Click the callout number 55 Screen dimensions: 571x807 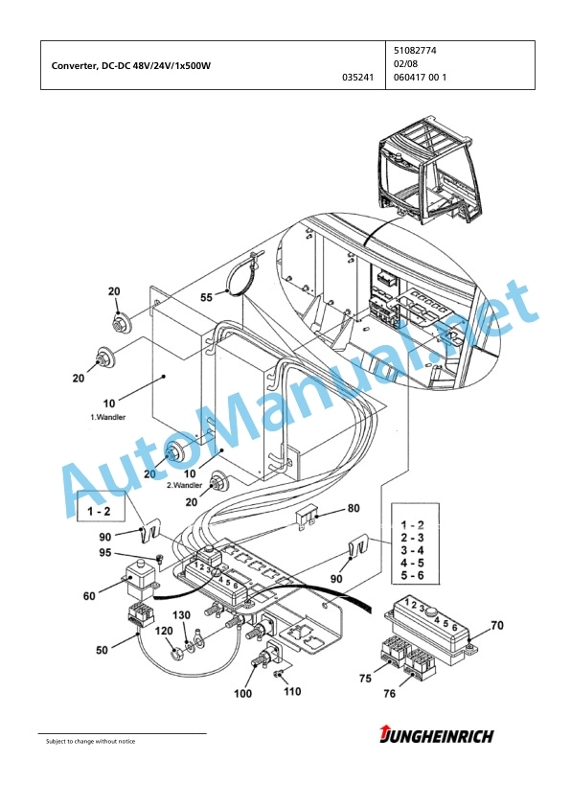(x=206, y=297)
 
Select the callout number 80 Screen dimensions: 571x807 (x=354, y=509)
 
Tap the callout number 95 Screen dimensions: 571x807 (x=105, y=553)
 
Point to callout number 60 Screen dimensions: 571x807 (x=89, y=596)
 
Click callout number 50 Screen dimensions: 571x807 (x=102, y=650)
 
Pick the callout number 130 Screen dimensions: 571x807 (x=181, y=615)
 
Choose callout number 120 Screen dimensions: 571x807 (x=164, y=631)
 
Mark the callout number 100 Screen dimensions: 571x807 (x=242, y=694)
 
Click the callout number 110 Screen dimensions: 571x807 (x=292, y=691)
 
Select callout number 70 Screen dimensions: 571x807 (x=497, y=625)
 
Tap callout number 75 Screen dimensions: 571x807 (x=365, y=679)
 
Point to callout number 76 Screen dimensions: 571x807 (x=389, y=694)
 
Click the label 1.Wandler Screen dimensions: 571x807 (x=108, y=417)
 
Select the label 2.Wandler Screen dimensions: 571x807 (x=184, y=485)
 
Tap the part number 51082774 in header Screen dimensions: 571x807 (x=415, y=51)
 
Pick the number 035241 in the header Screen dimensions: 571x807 (x=358, y=78)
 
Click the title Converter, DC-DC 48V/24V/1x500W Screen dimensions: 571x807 (x=131, y=65)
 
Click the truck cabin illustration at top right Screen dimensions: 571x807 (x=430, y=170)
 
